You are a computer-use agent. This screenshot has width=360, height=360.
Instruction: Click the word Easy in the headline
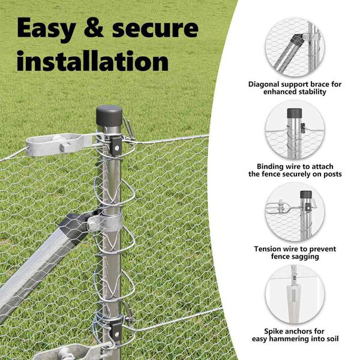tap(46, 29)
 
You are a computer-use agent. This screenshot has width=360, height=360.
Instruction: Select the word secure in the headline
tap(155, 29)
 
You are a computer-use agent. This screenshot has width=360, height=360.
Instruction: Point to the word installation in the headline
tap(92, 61)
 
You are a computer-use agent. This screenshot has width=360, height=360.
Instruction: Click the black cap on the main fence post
tap(109, 115)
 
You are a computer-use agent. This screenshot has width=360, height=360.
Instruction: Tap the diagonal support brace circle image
tap(295, 47)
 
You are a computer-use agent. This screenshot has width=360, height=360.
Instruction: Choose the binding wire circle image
tap(295, 130)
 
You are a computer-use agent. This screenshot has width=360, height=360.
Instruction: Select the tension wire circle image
tap(295, 212)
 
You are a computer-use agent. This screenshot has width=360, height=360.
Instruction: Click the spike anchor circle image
tap(295, 295)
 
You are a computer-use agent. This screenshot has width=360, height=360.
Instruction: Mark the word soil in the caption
tap(332, 338)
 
